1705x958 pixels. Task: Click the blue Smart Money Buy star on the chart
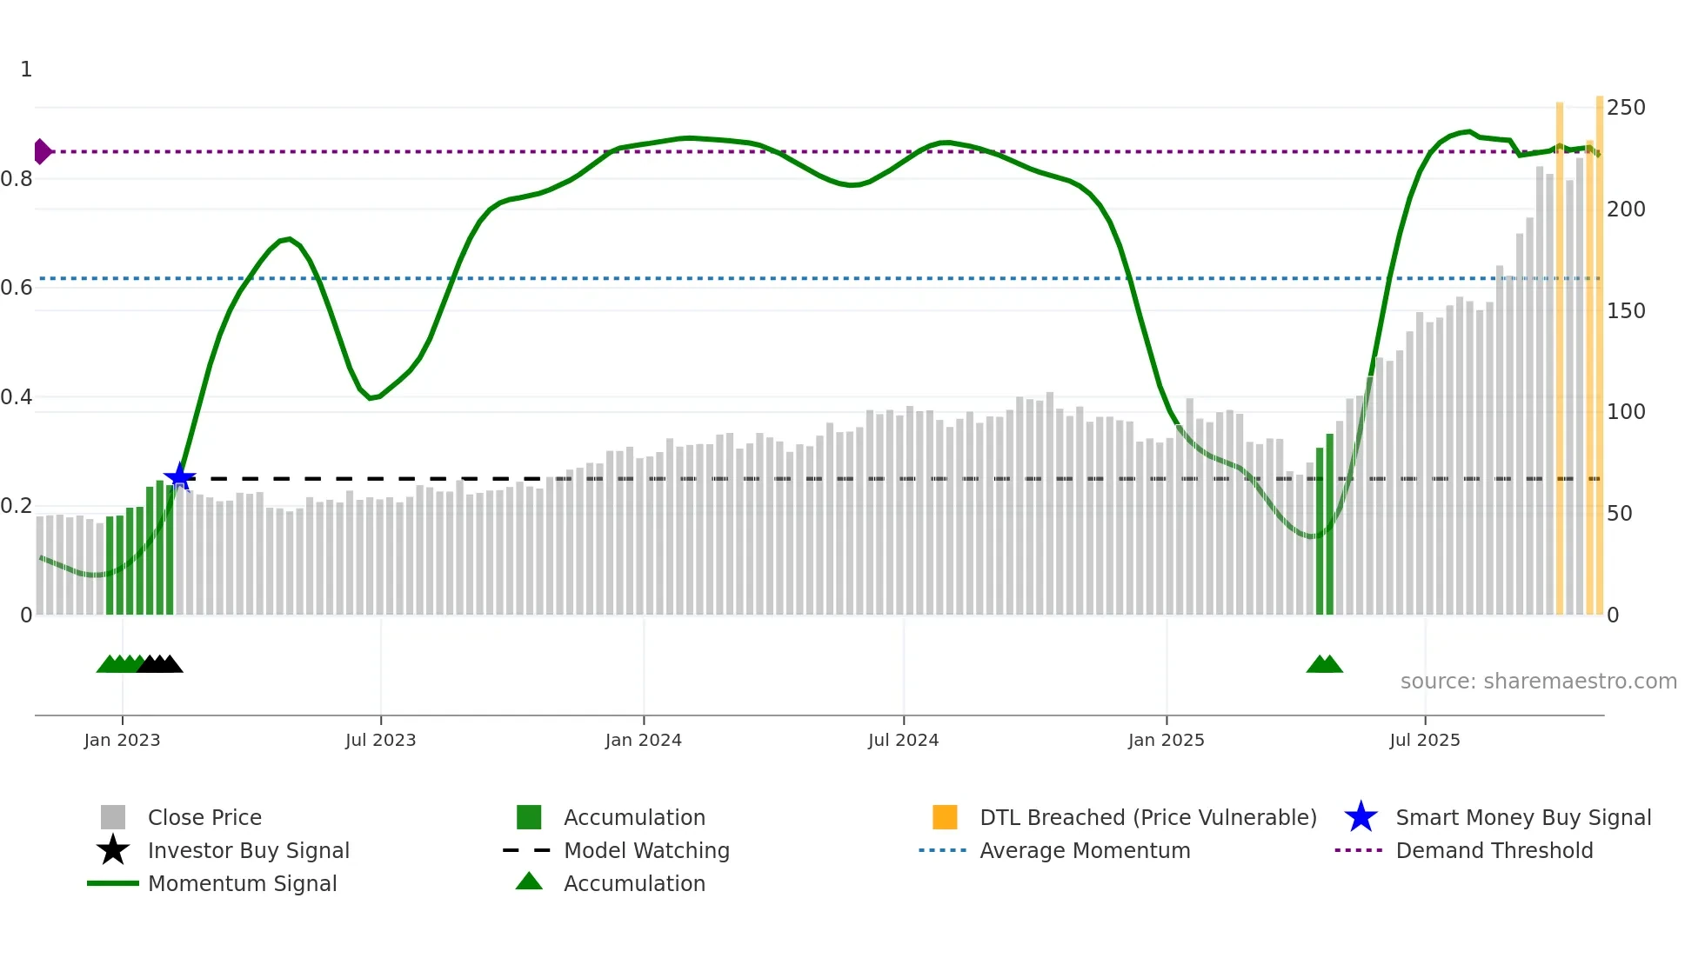point(180,477)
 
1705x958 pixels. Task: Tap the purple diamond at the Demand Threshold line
point(42,151)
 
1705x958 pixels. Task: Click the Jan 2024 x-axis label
point(643,740)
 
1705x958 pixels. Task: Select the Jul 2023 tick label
point(380,740)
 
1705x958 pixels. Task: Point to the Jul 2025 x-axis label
point(1424,740)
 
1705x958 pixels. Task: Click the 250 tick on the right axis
point(1625,108)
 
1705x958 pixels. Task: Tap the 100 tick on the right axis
point(1625,412)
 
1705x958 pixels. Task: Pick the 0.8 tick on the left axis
point(17,179)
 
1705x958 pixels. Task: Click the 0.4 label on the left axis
point(17,397)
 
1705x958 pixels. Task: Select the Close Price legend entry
point(204,817)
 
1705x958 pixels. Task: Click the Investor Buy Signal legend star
point(113,850)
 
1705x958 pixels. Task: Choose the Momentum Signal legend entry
point(242,883)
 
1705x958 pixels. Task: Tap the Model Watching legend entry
point(646,850)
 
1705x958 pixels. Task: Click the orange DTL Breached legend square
point(945,817)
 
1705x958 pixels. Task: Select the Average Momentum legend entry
point(1085,850)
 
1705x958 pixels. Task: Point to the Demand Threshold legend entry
point(1494,850)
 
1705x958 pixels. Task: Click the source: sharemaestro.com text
point(1538,682)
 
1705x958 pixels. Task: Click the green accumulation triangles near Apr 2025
point(1324,664)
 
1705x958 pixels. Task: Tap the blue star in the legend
point(1361,817)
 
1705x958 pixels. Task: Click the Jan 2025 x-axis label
point(1166,740)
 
